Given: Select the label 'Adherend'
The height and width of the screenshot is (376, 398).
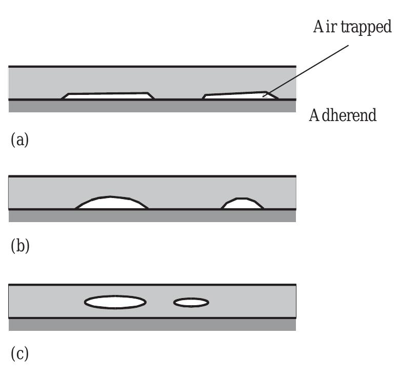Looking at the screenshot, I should (343, 115).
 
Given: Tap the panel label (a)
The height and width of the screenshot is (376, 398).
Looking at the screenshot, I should (19, 140).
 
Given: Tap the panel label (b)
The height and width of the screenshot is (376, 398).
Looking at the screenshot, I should (19, 246).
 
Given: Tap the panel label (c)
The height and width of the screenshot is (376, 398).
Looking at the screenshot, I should (19, 353).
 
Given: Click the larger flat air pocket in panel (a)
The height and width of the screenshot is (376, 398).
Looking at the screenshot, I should (108, 96).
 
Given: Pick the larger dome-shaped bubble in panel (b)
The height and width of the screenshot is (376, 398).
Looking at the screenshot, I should (111, 203).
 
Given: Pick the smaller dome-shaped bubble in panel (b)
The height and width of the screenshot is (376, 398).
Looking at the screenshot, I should (243, 204).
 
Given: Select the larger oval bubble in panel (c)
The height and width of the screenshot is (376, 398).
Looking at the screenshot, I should (115, 302).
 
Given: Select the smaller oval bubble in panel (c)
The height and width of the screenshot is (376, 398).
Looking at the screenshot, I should (191, 303).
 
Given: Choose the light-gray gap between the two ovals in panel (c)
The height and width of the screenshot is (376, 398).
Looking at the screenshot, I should (160, 303).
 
